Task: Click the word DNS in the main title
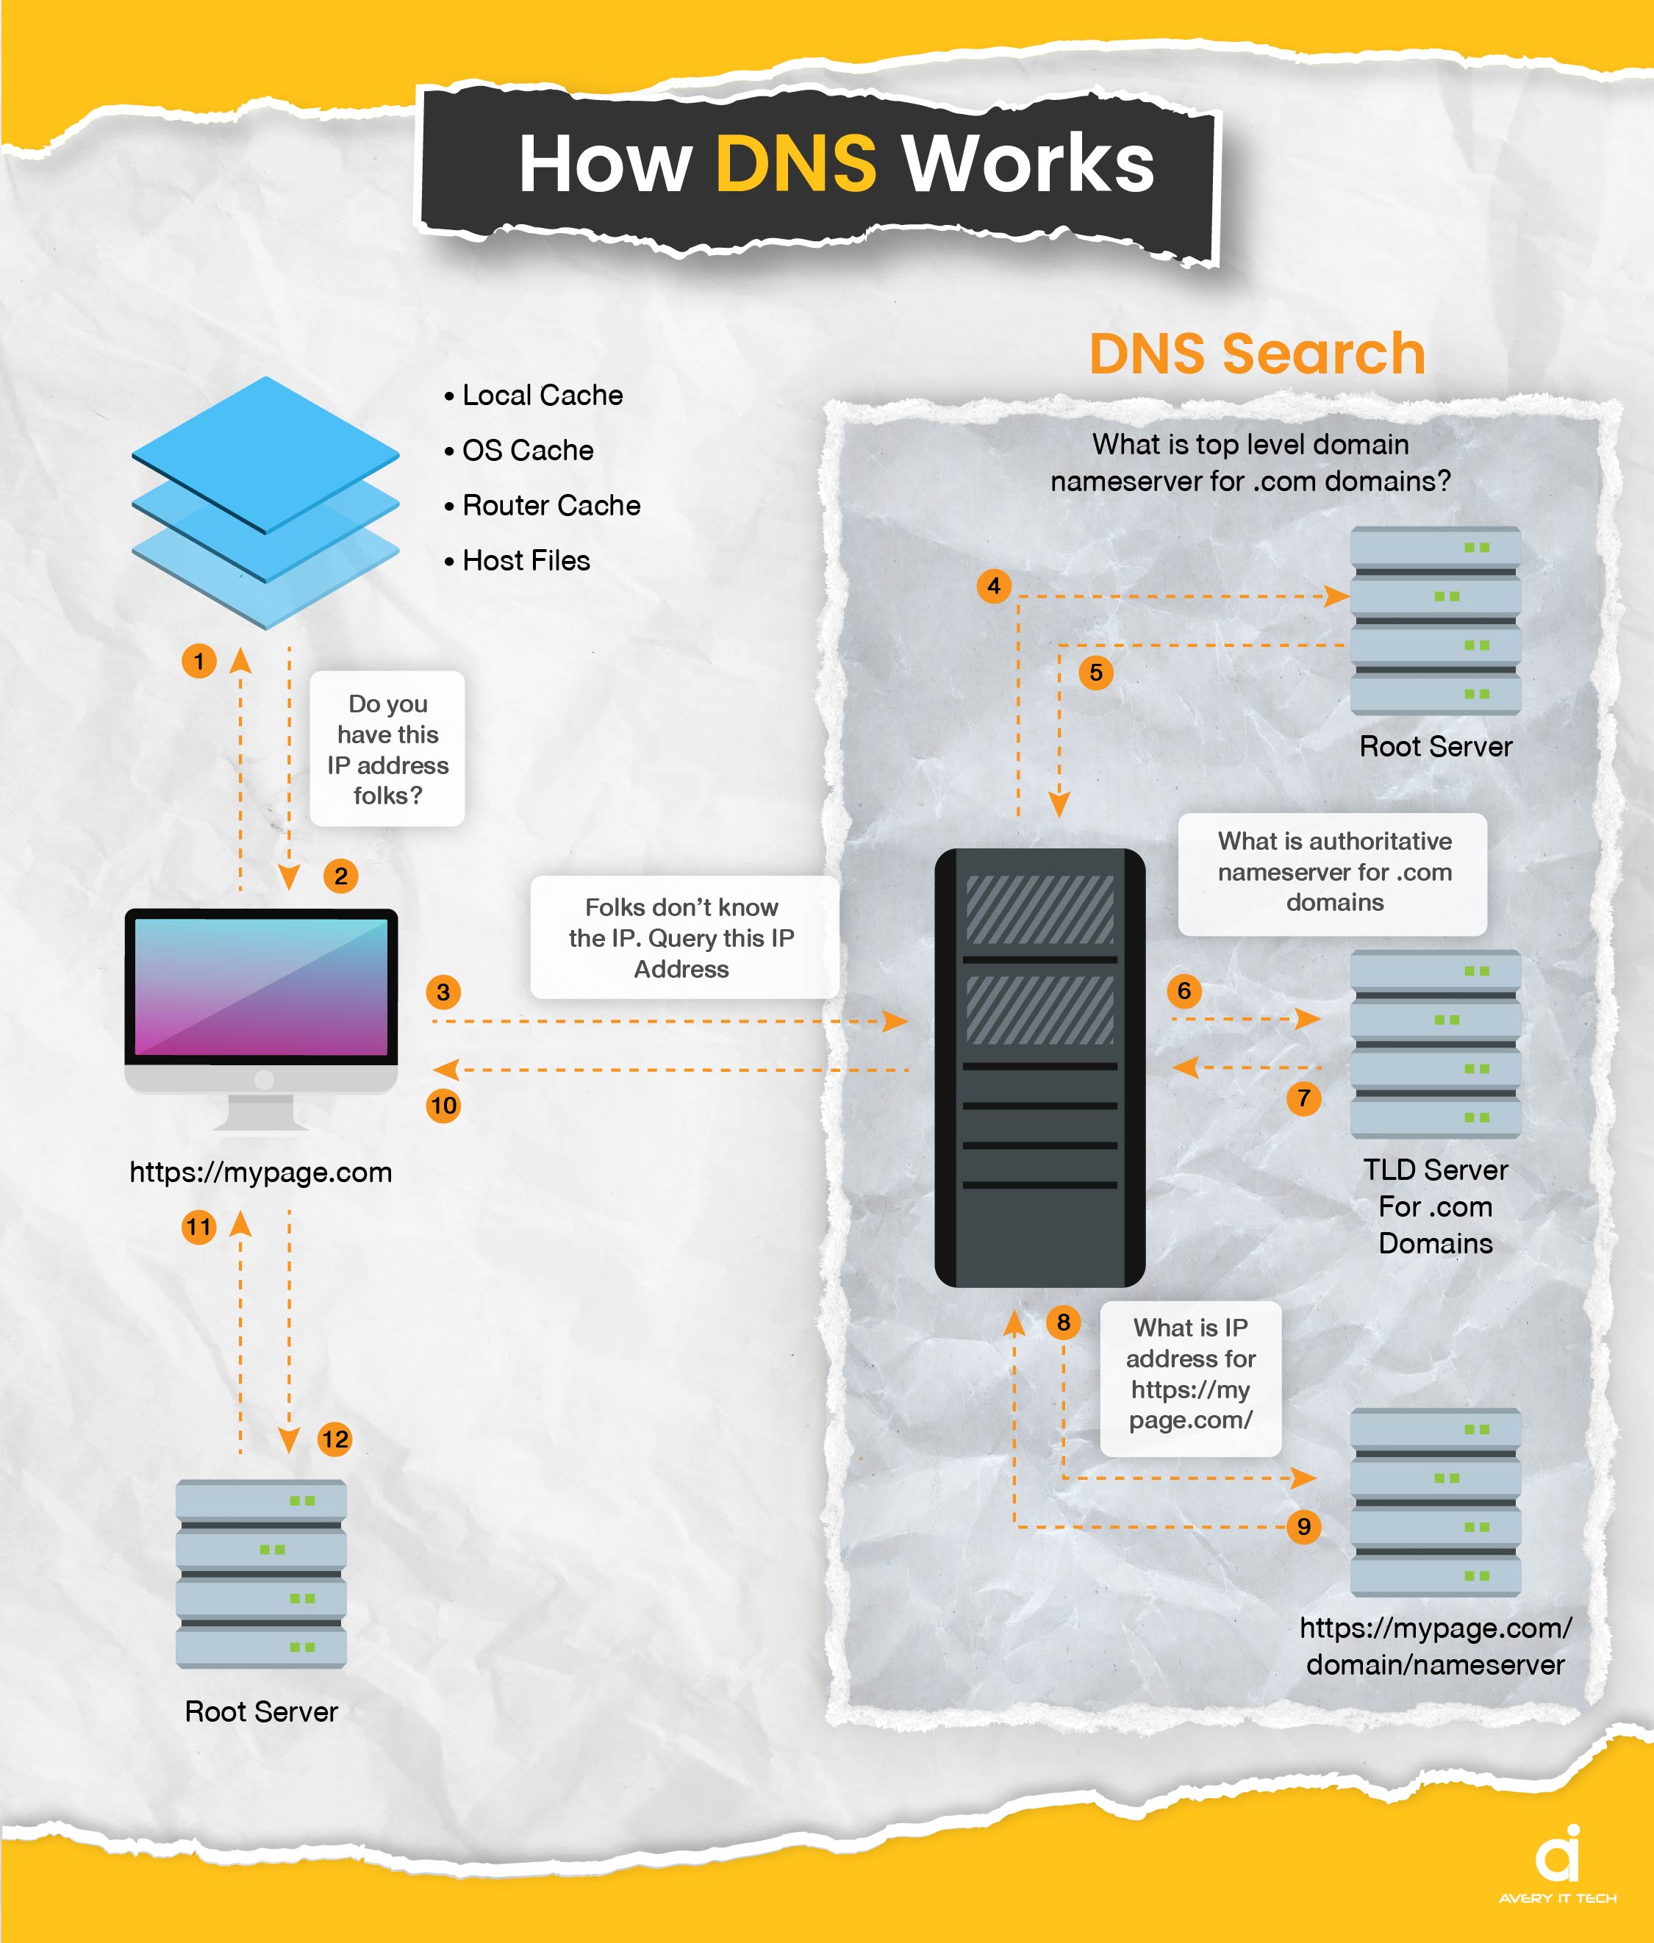pos(795,163)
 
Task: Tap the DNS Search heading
pos(1256,354)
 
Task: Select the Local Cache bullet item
pos(534,396)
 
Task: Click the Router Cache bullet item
pos(542,506)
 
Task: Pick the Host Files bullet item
pos(517,561)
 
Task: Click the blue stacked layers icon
pos(265,503)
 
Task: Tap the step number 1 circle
pos(198,661)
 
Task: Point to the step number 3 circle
pos(443,992)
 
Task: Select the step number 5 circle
pos(1096,673)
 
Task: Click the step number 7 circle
pos(1303,1098)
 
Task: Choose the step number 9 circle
pos(1303,1527)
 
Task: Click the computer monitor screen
pos(262,987)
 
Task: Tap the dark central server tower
pos(1040,1068)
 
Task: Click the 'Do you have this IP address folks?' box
pos(387,748)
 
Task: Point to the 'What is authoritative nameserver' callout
pos(1332,874)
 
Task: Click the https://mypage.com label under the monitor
pos(261,1172)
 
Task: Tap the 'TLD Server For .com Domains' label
pos(1436,1207)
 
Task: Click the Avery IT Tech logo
pos(1558,1866)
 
